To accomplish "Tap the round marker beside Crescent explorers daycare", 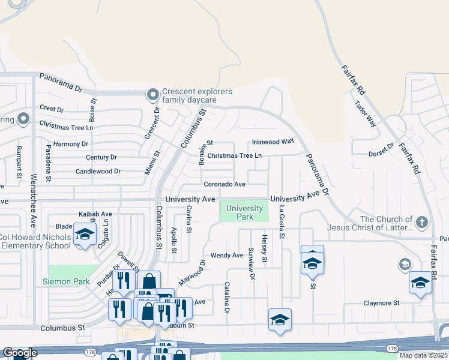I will (152, 94).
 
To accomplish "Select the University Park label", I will (245, 212).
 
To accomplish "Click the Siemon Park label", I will (65, 281).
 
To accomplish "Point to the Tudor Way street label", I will (365, 113).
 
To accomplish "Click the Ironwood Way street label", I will (273, 142).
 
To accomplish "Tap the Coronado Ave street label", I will (224, 184).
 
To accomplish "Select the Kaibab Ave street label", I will (95, 214).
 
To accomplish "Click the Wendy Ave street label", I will (226, 255).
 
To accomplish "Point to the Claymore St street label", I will (381, 303).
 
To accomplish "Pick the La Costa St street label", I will (281, 222).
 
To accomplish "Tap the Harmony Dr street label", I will (70, 144).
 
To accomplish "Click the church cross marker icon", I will (423, 222).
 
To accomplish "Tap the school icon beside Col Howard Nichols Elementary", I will (85, 234).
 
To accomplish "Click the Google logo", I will (20, 353).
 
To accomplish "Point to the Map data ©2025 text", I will (423, 355).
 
